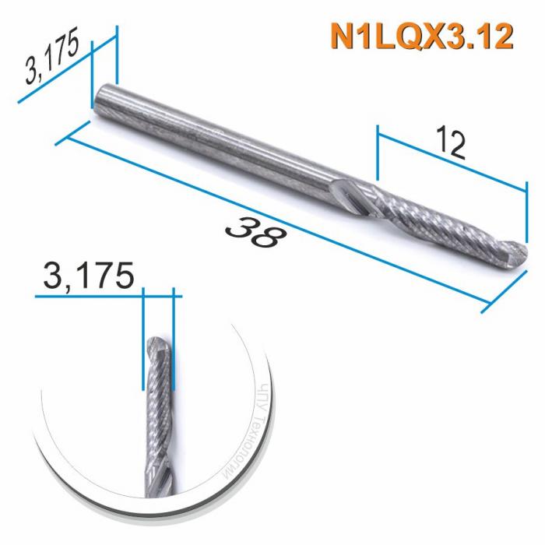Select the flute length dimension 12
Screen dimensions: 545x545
(x=449, y=143)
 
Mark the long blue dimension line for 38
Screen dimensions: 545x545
(x=272, y=221)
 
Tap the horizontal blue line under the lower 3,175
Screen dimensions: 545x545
(x=108, y=297)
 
